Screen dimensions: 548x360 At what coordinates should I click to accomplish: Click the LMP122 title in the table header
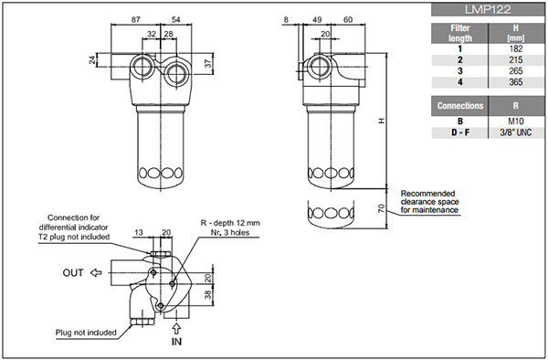(x=488, y=10)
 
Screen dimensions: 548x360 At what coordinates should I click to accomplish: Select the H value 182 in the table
(x=516, y=48)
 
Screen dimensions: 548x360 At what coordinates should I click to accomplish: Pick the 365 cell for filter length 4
(x=516, y=82)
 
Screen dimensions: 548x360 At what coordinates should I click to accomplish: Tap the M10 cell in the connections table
(x=516, y=122)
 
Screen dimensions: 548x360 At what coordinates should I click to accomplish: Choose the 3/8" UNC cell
(x=516, y=132)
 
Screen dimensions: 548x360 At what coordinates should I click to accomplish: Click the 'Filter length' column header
(x=460, y=33)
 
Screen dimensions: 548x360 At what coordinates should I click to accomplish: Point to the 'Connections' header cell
(x=460, y=106)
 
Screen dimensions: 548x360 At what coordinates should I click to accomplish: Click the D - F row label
(x=460, y=132)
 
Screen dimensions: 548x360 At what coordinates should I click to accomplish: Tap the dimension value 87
(x=135, y=19)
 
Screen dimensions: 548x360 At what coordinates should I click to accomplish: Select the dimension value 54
(x=175, y=19)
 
